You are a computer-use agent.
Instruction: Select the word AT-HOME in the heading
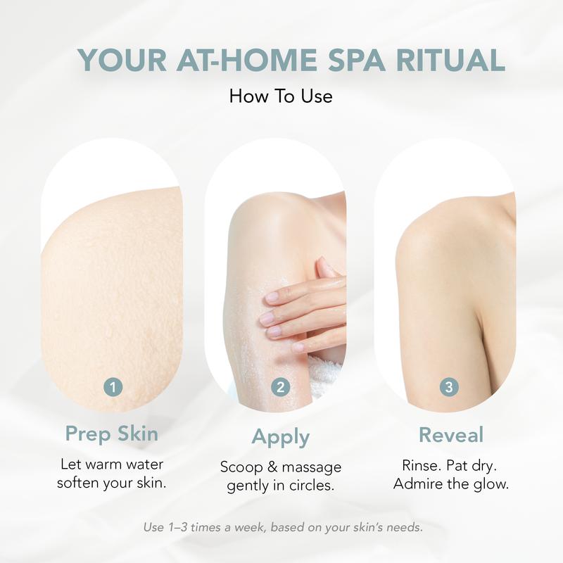coord(247,60)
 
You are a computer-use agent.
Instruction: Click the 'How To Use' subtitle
coord(281,96)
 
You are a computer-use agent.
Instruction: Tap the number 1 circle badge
coord(113,387)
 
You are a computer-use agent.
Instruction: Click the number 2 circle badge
coord(280,387)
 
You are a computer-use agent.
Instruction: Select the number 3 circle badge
coord(449,387)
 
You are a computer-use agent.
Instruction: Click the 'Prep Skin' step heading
coord(112,434)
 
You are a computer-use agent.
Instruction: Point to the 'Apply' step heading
coord(280,438)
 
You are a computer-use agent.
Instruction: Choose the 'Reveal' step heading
coord(451,435)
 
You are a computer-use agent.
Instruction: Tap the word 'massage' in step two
coord(312,467)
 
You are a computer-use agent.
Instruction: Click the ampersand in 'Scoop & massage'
coord(272,467)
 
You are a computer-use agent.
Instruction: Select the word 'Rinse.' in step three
coord(422,465)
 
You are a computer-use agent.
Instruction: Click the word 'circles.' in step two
coord(312,486)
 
